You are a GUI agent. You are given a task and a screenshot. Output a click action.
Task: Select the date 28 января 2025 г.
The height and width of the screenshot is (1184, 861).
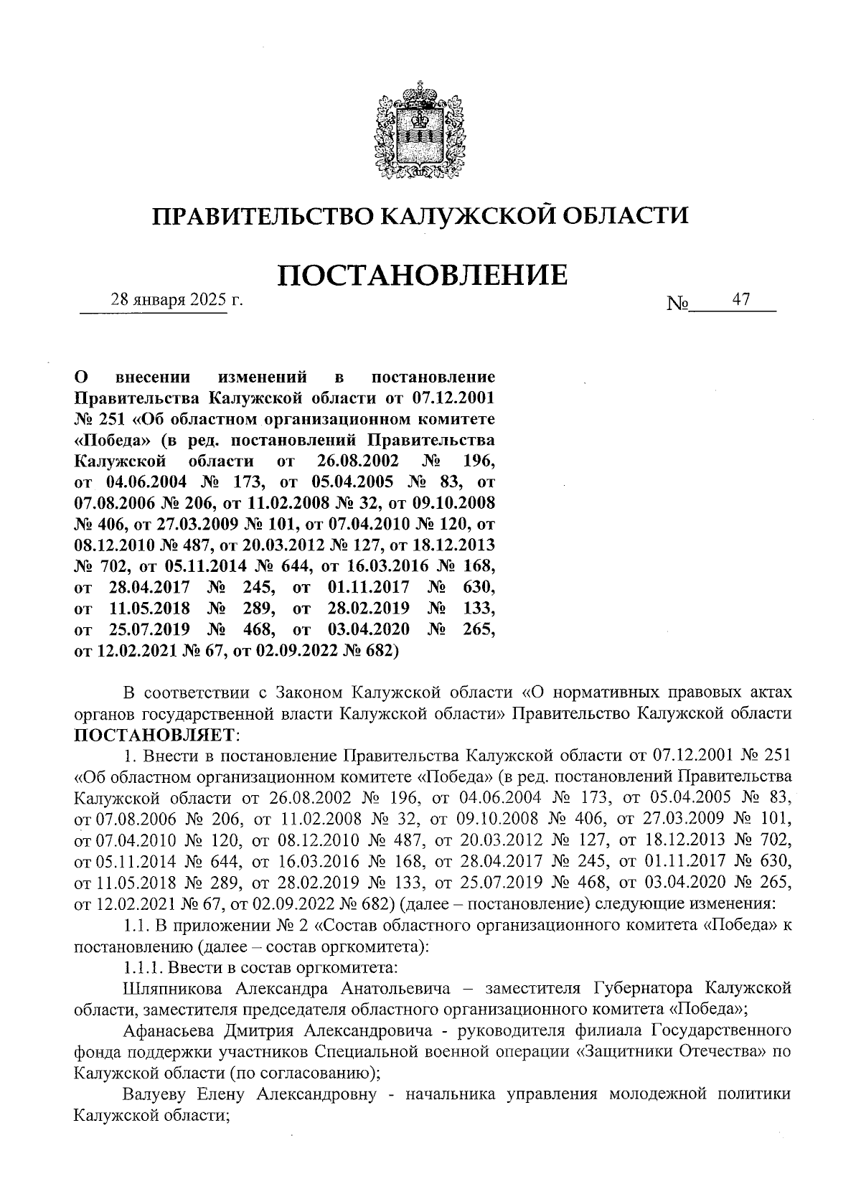[177, 301]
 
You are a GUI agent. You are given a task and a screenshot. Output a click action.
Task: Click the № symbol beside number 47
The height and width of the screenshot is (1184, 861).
[677, 304]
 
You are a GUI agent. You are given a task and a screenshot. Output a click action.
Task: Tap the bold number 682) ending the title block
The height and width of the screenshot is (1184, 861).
[375, 651]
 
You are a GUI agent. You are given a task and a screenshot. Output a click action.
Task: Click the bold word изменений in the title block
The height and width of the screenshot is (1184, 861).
[261, 377]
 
